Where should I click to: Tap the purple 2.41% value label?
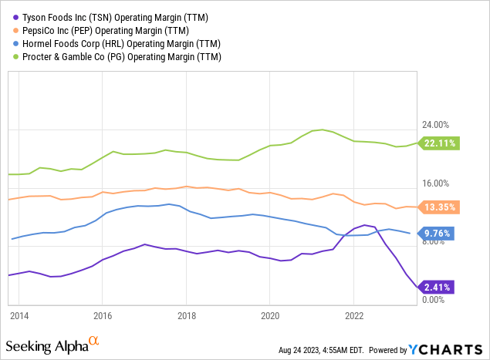[437, 288]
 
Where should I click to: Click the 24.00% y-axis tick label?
[435, 125]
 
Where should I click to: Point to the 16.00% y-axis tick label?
[435, 183]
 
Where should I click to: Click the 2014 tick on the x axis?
[19, 316]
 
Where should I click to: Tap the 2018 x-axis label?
[186, 316]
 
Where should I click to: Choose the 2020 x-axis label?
[270, 316]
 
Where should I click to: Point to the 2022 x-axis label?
[353, 316]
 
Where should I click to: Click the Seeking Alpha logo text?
[48, 343]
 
